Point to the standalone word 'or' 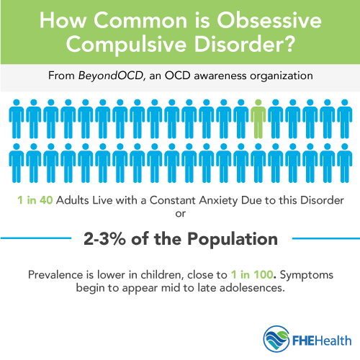click(x=179, y=214)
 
